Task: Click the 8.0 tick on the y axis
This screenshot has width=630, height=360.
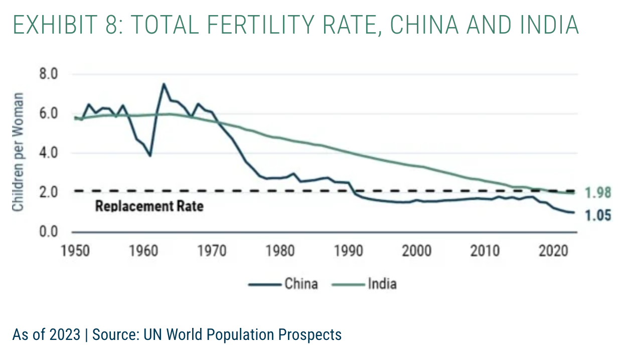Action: click(48, 75)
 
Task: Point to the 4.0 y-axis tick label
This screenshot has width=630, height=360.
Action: click(48, 153)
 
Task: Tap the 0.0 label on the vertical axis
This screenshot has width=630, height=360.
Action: click(48, 232)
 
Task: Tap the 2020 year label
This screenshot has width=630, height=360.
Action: click(552, 250)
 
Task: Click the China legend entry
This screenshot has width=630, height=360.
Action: click(301, 284)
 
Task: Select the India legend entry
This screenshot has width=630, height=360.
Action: click(382, 284)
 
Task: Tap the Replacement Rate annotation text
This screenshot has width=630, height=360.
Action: click(149, 206)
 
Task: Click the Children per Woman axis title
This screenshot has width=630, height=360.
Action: click(18, 152)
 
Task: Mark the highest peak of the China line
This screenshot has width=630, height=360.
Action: click(164, 84)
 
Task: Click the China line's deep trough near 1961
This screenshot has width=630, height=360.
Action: click(149, 155)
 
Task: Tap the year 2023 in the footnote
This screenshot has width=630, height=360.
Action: click(65, 334)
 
